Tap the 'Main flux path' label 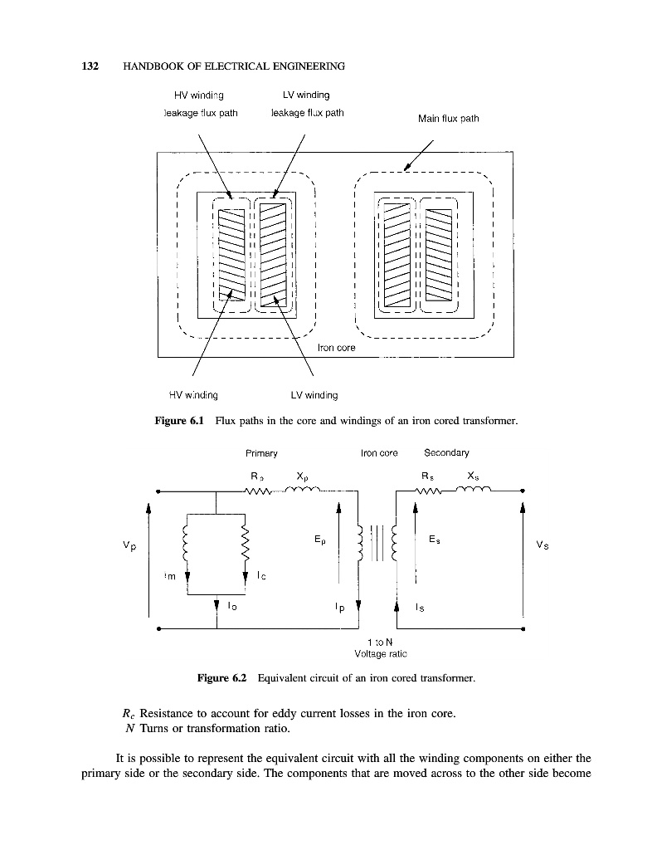(x=448, y=118)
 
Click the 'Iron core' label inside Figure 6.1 (x=337, y=348)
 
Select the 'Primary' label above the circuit (x=260, y=453)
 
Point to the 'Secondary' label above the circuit (x=446, y=453)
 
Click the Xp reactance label (x=304, y=477)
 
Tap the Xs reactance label (x=473, y=476)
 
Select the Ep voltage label (x=319, y=539)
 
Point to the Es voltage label (x=435, y=539)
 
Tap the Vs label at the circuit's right (x=543, y=545)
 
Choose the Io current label (x=230, y=607)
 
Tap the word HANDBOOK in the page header (x=153, y=66)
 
